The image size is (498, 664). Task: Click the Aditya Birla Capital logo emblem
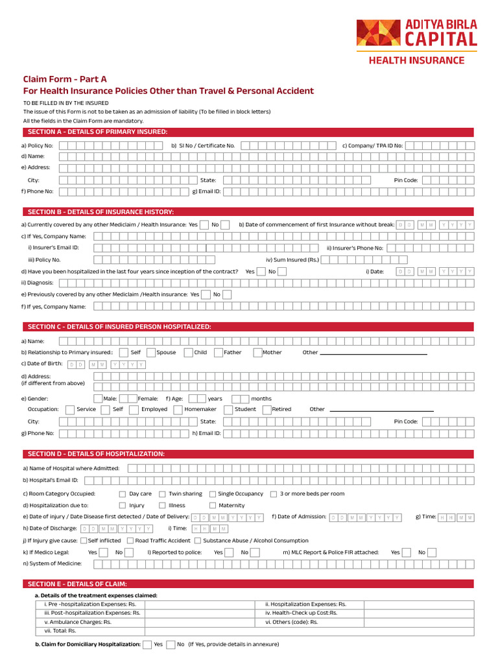pos(374,33)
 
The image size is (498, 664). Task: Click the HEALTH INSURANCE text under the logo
pos(416,60)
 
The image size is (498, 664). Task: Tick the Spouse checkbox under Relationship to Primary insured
pos(151,353)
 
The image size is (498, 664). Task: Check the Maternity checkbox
pos(213,505)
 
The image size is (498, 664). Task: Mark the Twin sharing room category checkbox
pos(162,494)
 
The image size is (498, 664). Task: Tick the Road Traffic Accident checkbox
pos(130,540)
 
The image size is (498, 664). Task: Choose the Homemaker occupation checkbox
pos(178,409)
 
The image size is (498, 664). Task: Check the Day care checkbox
pos(123,494)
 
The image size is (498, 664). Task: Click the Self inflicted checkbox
pos(84,540)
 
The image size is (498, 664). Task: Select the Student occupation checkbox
pos(228,409)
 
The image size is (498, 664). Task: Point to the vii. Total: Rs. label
pos(60,630)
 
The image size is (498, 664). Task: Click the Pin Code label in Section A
pos(406,180)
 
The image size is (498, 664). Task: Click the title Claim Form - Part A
pos(65,79)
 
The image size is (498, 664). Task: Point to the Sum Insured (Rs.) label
pos(292,259)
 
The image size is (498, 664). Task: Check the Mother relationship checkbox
pos(257,353)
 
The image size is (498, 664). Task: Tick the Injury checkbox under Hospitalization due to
pos(123,505)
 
